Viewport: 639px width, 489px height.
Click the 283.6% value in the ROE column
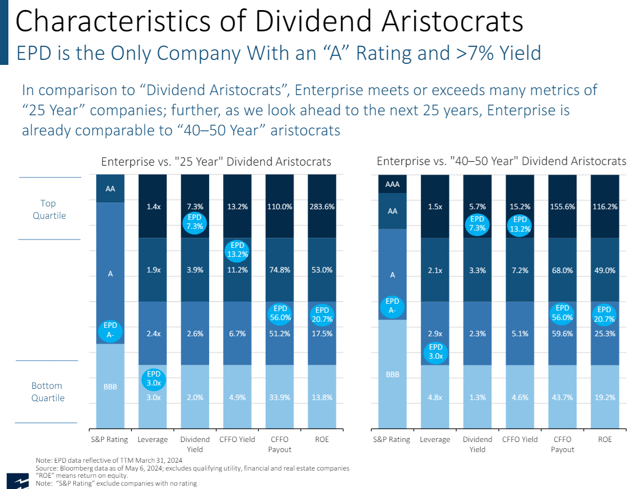pyautogui.click(x=321, y=206)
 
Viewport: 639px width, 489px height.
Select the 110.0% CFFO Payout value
pyautogui.click(x=280, y=206)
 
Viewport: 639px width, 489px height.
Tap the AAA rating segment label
pyautogui.click(x=392, y=184)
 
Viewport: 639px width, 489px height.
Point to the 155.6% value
pyautogui.click(x=562, y=206)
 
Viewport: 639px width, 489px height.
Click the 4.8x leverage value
pyautogui.click(x=435, y=398)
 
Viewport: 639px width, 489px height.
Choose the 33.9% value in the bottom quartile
pyautogui.click(x=280, y=398)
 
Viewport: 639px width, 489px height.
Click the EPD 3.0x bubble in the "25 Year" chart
pyautogui.click(x=153, y=379)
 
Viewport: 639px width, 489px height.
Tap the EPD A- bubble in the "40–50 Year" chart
pyautogui.click(x=392, y=306)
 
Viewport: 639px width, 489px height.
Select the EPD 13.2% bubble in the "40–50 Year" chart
pyautogui.click(x=520, y=224)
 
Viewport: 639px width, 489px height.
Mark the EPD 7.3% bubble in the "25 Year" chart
pyautogui.click(x=195, y=221)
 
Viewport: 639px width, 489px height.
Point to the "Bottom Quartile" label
pyautogui.click(x=48, y=392)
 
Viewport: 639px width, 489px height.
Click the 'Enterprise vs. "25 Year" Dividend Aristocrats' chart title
pyautogui.click(x=216, y=162)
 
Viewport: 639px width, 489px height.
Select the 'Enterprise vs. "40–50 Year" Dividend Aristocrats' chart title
pyautogui.click(x=501, y=161)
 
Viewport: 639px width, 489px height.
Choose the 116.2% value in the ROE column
pyautogui.click(x=605, y=206)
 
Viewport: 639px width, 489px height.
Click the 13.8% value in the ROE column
pyautogui.click(x=321, y=398)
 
